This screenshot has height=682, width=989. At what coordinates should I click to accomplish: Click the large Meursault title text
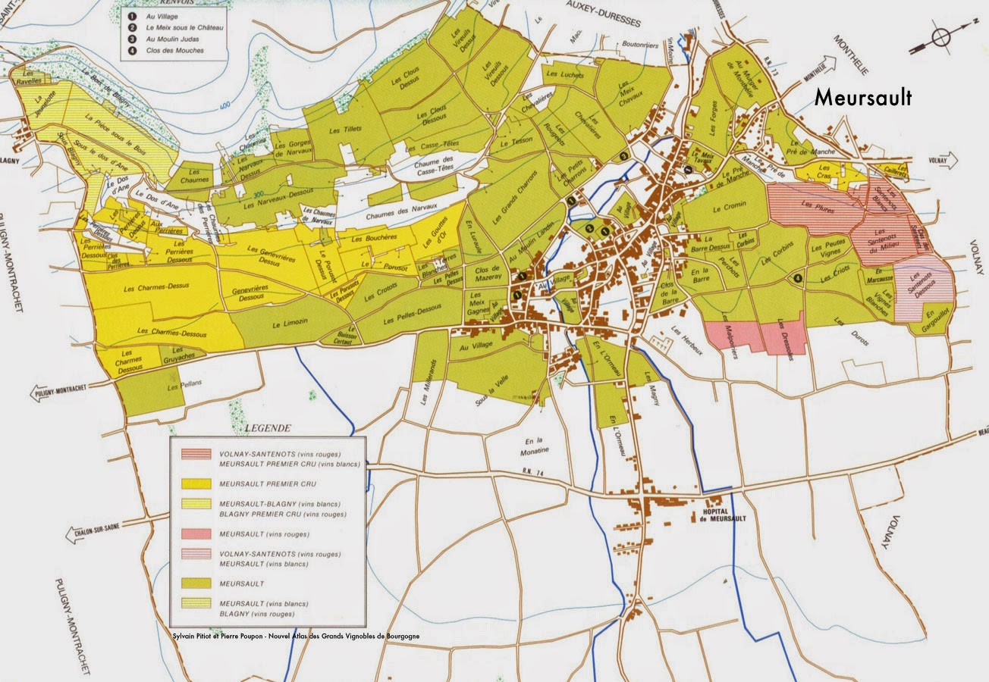[x=862, y=98]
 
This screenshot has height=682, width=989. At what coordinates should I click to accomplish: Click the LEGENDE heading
[x=268, y=428]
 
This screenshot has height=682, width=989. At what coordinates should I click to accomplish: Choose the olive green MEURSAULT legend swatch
[x=196, y=583]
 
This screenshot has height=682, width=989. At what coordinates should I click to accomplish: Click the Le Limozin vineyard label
[x=289, y=324]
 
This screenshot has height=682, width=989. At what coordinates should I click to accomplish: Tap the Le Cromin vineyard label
[x=730, y=205]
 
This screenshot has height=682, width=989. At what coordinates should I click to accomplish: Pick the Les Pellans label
[x=177, y=386]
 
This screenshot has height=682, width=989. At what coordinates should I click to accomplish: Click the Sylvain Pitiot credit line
[x=296, y=636]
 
